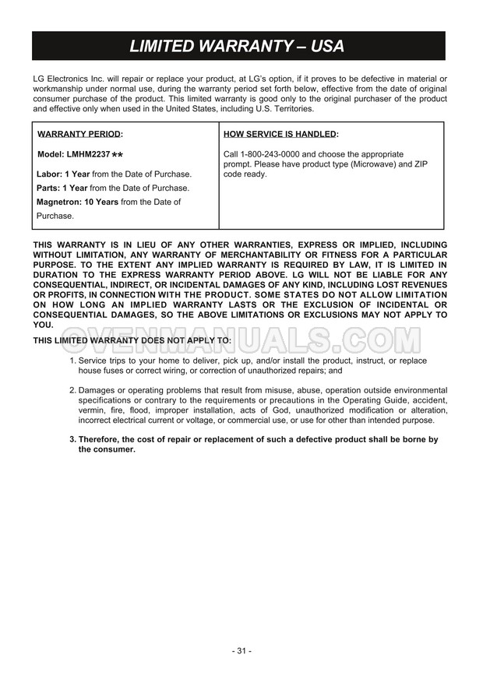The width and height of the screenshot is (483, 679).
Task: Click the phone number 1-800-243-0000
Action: point(270,154)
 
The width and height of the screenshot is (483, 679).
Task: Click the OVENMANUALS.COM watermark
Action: point(241,339)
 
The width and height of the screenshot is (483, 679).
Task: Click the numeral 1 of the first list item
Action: point(72,361)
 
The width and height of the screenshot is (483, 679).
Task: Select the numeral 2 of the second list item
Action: point(72,389)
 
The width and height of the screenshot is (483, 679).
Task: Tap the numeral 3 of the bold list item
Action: point(72,439)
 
